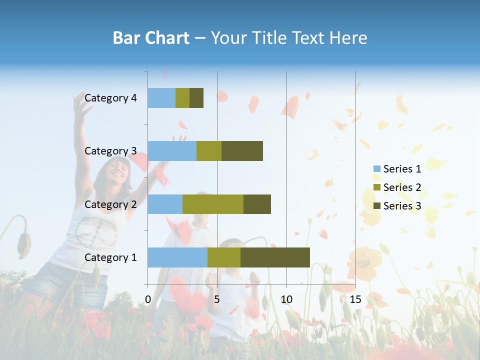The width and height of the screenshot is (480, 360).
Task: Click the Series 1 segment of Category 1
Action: (x=177, y=257)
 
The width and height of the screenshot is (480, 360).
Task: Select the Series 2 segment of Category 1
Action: (x=224, y=257)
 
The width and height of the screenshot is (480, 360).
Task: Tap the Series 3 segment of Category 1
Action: (x=275, y=257)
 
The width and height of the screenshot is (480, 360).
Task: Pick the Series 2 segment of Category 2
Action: (x=213, y=204)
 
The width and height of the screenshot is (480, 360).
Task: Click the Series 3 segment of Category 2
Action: (x=257, y=204)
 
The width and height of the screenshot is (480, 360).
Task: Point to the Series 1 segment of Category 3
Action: (x=172, y=151)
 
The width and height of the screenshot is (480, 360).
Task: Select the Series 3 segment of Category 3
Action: (x=242, y=151)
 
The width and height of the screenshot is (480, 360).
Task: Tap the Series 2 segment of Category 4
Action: (x=182, y=98)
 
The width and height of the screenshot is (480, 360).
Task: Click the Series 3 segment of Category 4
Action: (x=196, y=98)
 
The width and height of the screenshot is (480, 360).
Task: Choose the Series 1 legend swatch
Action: (x=377, y=169)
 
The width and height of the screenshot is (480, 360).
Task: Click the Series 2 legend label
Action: (x=402, y=187)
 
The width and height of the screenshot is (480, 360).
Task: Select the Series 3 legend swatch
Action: (x=377, y=206)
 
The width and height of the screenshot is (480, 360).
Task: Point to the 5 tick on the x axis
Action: (x=217, y=299)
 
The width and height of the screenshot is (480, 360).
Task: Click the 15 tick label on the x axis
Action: (x=355, y=299)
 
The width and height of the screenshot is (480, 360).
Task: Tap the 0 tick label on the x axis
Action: (x=148, y=299)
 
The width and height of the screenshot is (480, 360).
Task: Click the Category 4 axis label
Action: (x=110, y=98)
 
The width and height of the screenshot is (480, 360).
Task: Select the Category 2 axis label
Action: (x=110, y=204)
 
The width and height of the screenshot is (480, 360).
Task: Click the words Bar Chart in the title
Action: (x=151, y=38)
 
